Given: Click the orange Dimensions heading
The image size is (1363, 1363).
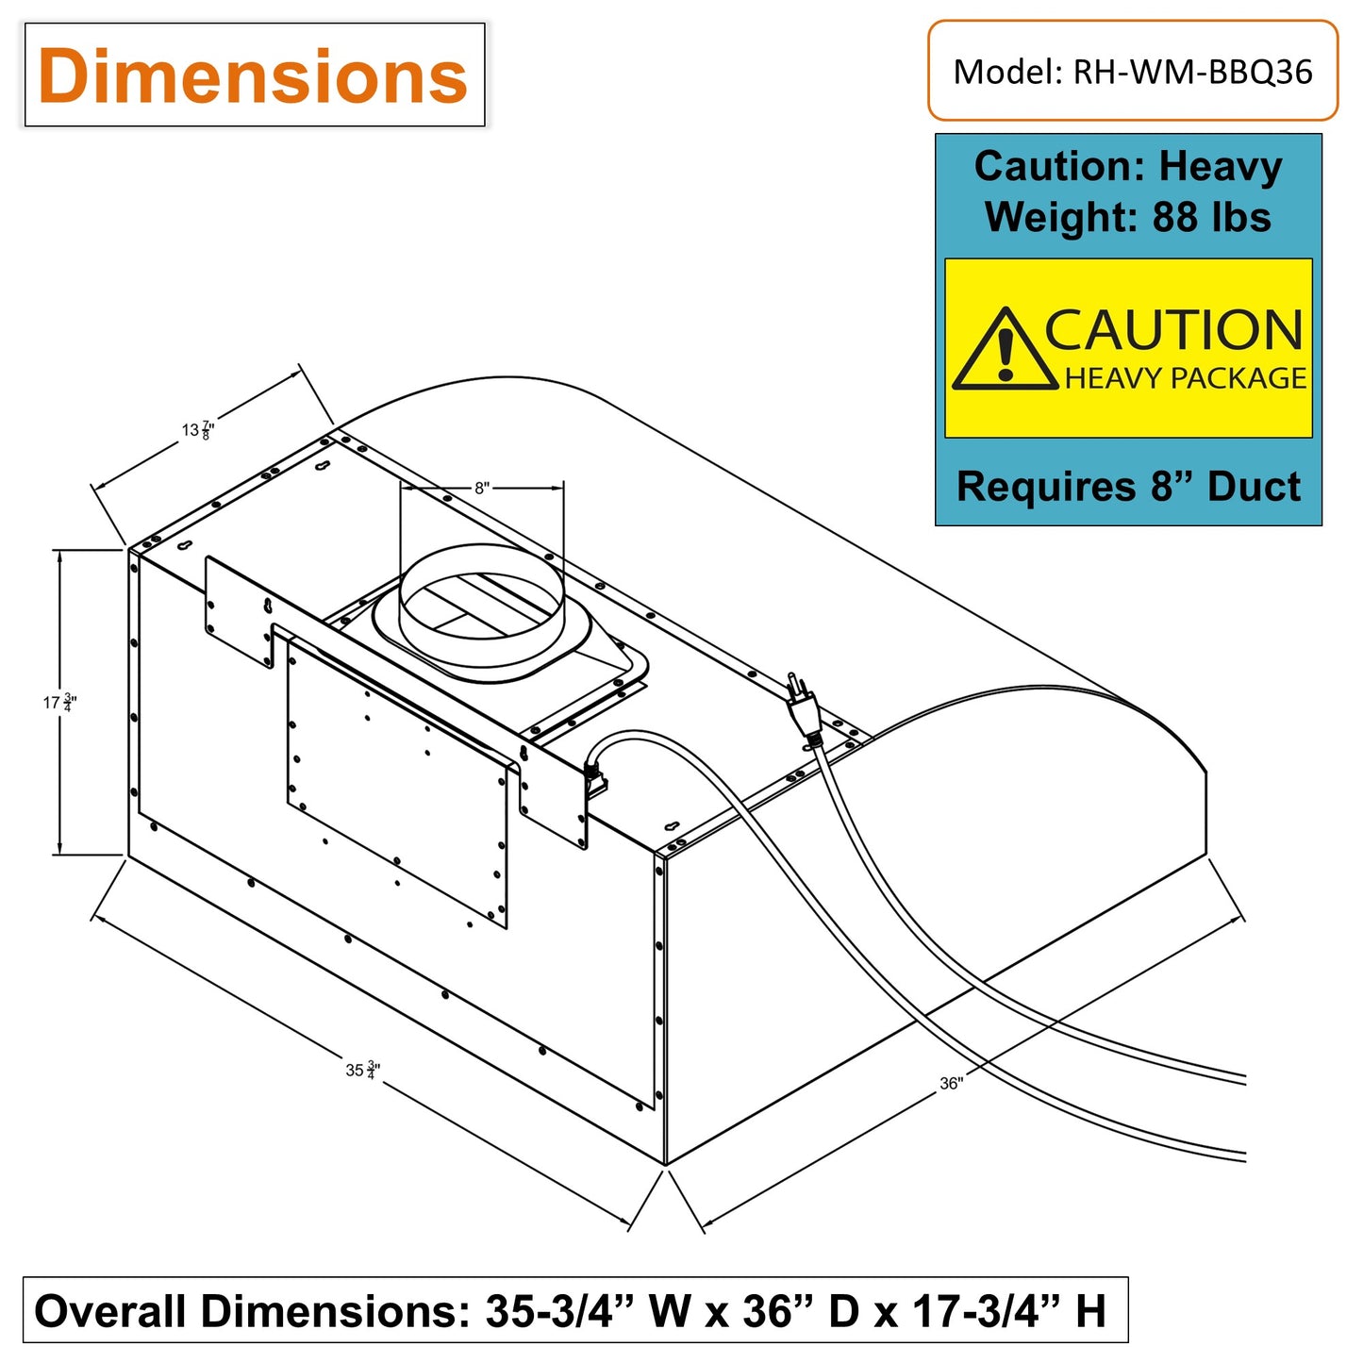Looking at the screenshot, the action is pos(253,75).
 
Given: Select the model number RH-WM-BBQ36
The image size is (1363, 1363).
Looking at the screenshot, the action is pos(1192,72).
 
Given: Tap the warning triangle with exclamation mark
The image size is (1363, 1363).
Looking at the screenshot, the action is pos(1005,348).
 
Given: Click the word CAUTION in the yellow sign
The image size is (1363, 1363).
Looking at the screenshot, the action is pos(1172,329).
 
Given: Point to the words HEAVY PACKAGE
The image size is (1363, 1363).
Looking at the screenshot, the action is pos(1186,377).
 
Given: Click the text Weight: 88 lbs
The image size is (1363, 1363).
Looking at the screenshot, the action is pos(1127,216).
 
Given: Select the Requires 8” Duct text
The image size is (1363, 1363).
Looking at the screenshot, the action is pos(1128,487).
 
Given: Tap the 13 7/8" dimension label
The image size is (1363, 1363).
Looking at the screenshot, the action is pos(198,430).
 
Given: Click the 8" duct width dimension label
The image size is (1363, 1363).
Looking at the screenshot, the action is pos(482,488).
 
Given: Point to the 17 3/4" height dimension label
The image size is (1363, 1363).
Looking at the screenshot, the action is pos(60,703).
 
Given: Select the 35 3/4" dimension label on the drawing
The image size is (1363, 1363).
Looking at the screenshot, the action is pos(363,1070).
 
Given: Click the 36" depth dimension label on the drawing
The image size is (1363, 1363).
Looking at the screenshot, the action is pos(951,1083).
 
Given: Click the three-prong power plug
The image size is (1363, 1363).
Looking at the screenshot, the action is pos(805,711).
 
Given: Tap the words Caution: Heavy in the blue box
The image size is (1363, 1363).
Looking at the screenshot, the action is pos(1127,166).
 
